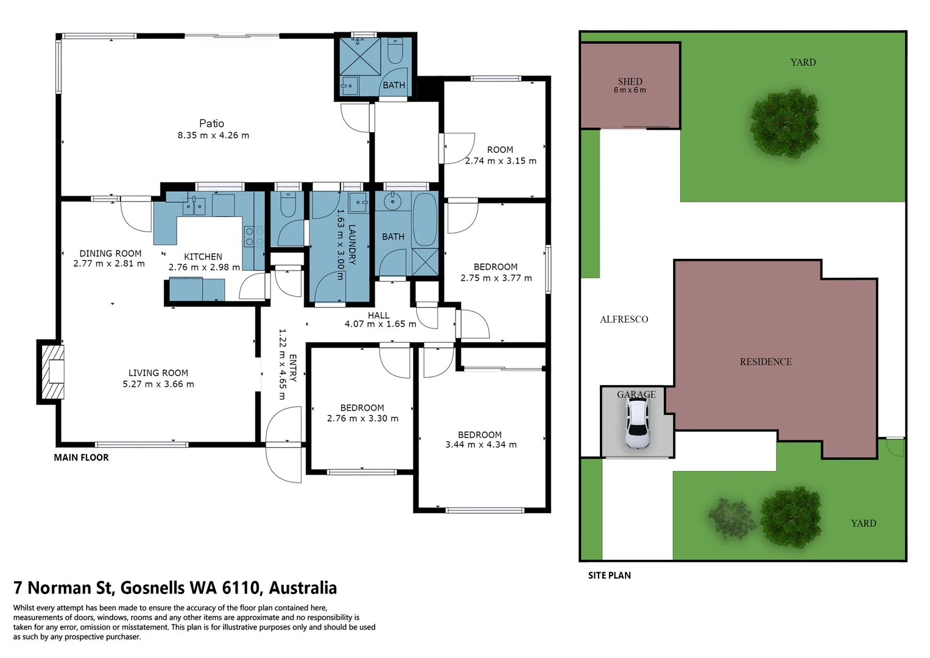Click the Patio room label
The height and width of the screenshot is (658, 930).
coord(212,124)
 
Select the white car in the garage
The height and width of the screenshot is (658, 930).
coord(637,423)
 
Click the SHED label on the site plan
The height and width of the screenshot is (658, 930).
coord(630,82)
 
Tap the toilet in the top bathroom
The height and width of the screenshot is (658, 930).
coord(395,51)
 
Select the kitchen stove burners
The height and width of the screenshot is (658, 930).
coord(253,236)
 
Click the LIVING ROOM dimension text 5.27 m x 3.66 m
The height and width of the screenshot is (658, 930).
coord(158,384)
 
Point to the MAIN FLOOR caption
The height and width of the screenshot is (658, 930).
coord(81,458)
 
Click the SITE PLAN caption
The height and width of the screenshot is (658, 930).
coord(609,576)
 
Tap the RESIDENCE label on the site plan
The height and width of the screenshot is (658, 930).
coord(766,362)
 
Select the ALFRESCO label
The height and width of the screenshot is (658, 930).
coord(624,319)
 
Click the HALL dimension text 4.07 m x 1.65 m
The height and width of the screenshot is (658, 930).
coord(380,324)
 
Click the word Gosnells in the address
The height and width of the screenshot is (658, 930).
coord(153,588)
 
